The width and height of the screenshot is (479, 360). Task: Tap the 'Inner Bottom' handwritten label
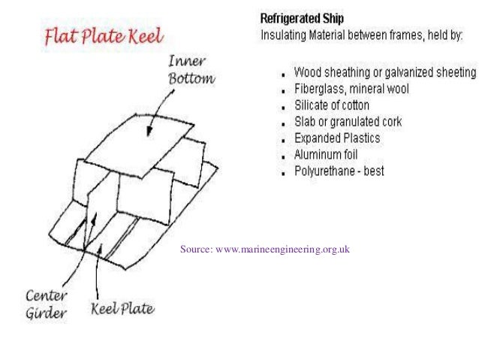point(189,70)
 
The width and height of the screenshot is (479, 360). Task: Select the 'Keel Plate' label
point(123,308)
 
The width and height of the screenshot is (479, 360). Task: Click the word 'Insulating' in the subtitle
point(281,35)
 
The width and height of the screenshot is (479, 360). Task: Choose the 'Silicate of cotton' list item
point(330,106)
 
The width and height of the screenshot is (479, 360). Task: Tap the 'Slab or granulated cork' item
point(348,122)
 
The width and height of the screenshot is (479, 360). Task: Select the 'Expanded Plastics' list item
point(336,138)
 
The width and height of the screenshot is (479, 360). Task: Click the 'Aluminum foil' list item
point(326,155)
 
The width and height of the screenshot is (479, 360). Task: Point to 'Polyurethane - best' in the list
point(339,171)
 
